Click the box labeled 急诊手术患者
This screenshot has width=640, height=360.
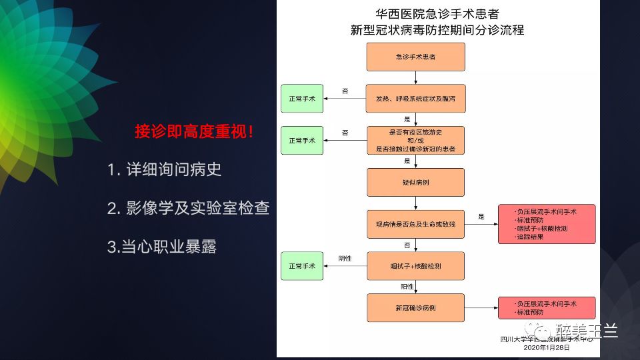(415, 57)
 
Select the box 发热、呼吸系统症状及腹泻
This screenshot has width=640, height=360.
(415, 99)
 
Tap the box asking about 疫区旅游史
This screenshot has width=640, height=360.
(415, 141)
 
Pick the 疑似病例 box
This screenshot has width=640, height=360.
(415, 182)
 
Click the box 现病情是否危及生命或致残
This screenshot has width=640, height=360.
(415, 224)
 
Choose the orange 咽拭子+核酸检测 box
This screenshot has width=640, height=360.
(415, 266)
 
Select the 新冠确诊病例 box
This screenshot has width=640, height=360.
(415, 308)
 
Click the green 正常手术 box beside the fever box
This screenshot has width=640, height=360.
(302, 99)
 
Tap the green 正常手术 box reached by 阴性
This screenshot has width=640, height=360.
(302, 266)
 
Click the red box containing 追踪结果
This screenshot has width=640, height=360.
(546, 224)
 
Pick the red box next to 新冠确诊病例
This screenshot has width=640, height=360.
(546, 308)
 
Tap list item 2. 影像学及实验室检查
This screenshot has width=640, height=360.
(189, 208)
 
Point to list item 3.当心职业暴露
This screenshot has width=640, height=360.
(162, 247)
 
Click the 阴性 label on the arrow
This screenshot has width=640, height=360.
(345, 257)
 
